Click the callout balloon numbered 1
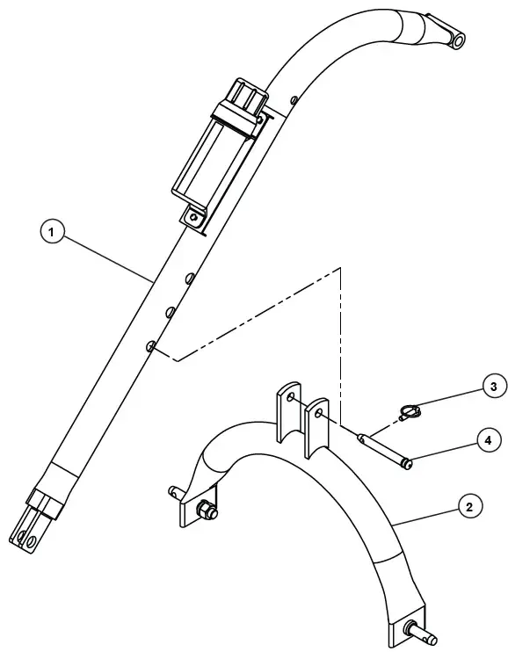coord(54,233)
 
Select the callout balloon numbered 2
coord(470,508)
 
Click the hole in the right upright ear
coord(318,412)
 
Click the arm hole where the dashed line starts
coord(152,347)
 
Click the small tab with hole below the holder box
coord(192,214)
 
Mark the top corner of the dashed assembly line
coord(340,266)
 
